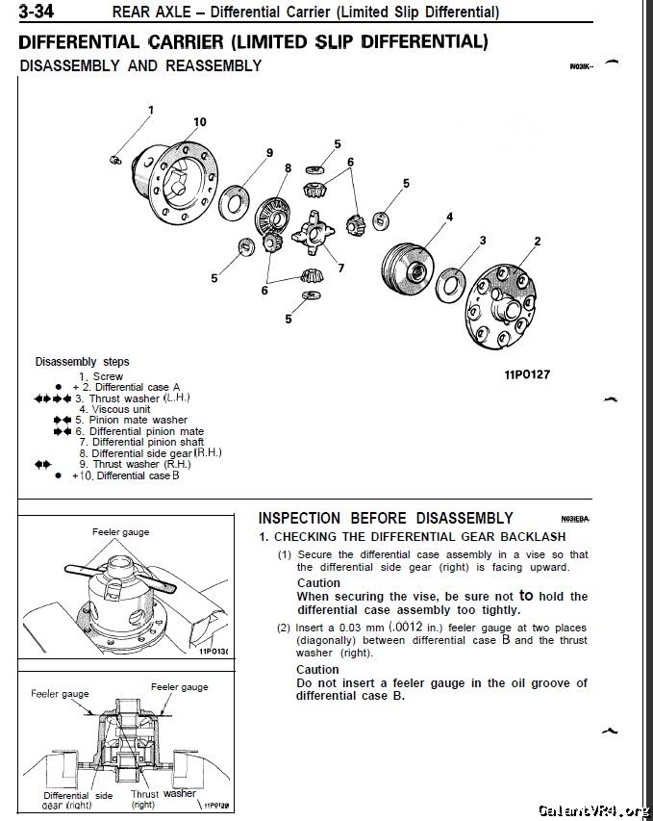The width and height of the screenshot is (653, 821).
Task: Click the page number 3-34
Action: coord(31,12)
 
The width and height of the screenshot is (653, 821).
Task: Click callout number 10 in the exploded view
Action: coord(199,122)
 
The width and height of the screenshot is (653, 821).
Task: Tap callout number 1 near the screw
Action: coord(150,109)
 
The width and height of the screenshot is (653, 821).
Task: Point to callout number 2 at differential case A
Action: coord(537,241)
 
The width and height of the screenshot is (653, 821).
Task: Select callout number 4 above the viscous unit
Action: coord(449,218)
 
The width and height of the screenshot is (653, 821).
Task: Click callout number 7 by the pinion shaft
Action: coord(340,268)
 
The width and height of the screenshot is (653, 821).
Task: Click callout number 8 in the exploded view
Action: coord(288,167)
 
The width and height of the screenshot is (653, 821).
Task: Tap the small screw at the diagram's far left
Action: coord(114,157)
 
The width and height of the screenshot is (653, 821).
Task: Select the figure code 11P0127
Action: coord(527,374)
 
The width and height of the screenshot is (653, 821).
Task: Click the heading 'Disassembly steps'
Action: coord(82,362)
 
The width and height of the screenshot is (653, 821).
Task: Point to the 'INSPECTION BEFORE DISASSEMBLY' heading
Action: coord(386,518)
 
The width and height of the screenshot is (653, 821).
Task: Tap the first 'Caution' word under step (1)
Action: coord(317,583)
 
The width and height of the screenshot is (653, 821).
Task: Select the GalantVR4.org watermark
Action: coord(593,809)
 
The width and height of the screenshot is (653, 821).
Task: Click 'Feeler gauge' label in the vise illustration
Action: coord(120,531)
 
